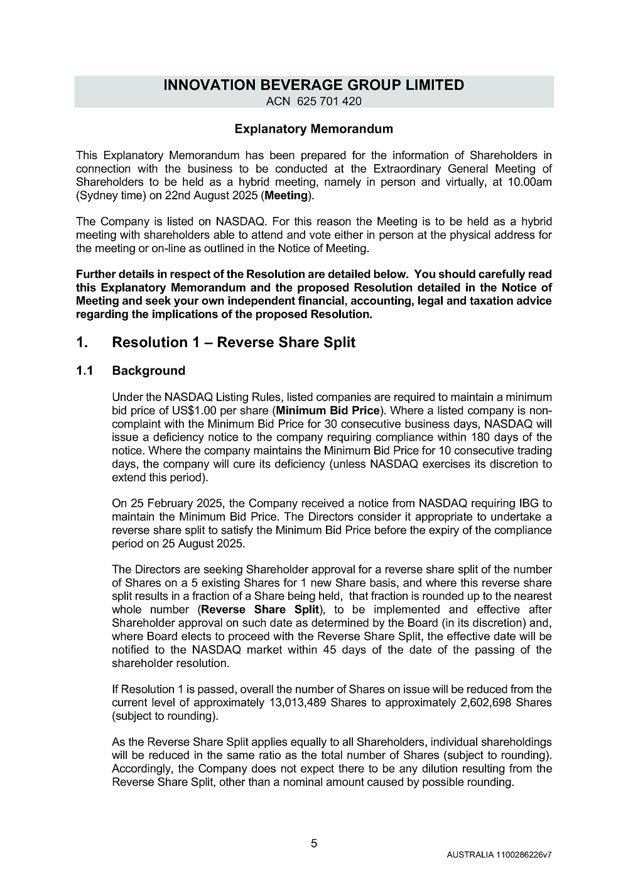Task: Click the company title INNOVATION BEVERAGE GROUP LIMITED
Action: (313, 85)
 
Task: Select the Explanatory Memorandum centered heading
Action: (313, 129)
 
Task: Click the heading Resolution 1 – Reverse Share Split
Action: (233, 343)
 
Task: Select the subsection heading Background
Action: (148, 370)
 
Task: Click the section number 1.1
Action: (85, 370)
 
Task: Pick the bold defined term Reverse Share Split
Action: (259, 610)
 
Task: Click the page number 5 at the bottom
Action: (314, 844)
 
